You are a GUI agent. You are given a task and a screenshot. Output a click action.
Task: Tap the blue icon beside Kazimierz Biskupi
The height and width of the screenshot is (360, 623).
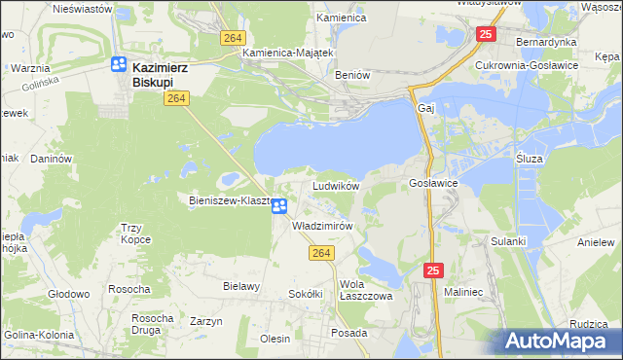click(x=119, y=65)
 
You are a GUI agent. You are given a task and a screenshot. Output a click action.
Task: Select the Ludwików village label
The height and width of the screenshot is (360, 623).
click(x=336, y=185)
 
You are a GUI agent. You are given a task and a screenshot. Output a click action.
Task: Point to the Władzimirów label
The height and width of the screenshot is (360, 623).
click(x=322, y=225)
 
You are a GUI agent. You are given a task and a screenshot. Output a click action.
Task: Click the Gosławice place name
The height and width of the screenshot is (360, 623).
click(x=433, y=183)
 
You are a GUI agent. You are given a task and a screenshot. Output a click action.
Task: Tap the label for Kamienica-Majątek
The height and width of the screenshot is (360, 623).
click(x=289, y=52)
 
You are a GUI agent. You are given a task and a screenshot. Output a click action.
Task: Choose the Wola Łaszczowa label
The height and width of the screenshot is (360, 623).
click(x=364, y=290)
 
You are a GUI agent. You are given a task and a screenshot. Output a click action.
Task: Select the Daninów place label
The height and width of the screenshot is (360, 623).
click(x=53, y=158)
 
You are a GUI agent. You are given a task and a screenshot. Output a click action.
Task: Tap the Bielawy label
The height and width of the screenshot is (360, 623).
click(x=241, y=286)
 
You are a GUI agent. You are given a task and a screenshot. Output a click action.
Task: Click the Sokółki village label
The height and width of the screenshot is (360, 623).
click(x=305, y=293)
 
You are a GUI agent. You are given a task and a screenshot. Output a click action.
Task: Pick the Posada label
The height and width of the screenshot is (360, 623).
click(x=348, y=331)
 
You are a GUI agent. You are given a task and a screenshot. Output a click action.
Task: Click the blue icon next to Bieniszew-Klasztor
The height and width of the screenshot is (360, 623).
click(x=279, y=205)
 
